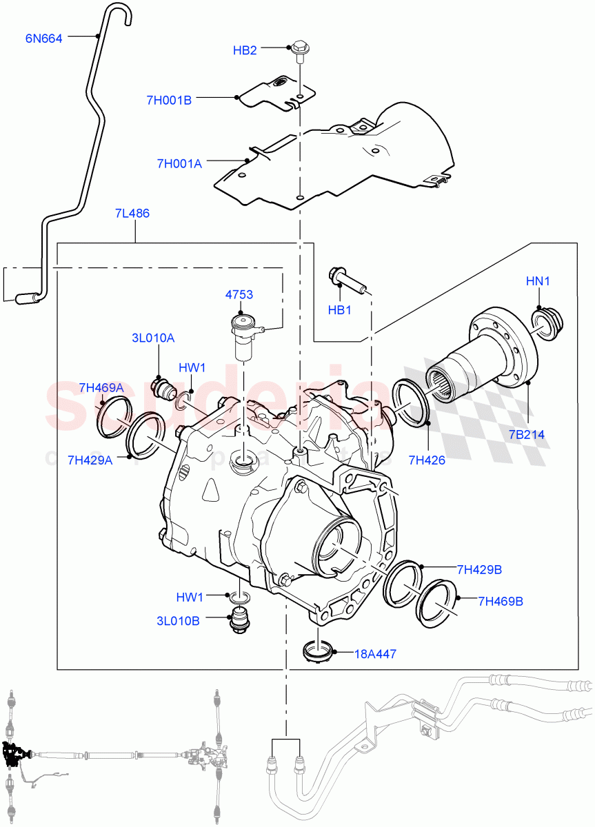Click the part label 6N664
[x=43, y=39]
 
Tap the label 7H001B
[x=168, y=100]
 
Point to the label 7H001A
[x=179, y=163]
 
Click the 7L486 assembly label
[x=132, y=214]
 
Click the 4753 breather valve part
[x=245, y=336]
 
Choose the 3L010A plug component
[x=163, y=387]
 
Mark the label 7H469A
[x=101, y=388]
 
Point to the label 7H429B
[x=478, y=569]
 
